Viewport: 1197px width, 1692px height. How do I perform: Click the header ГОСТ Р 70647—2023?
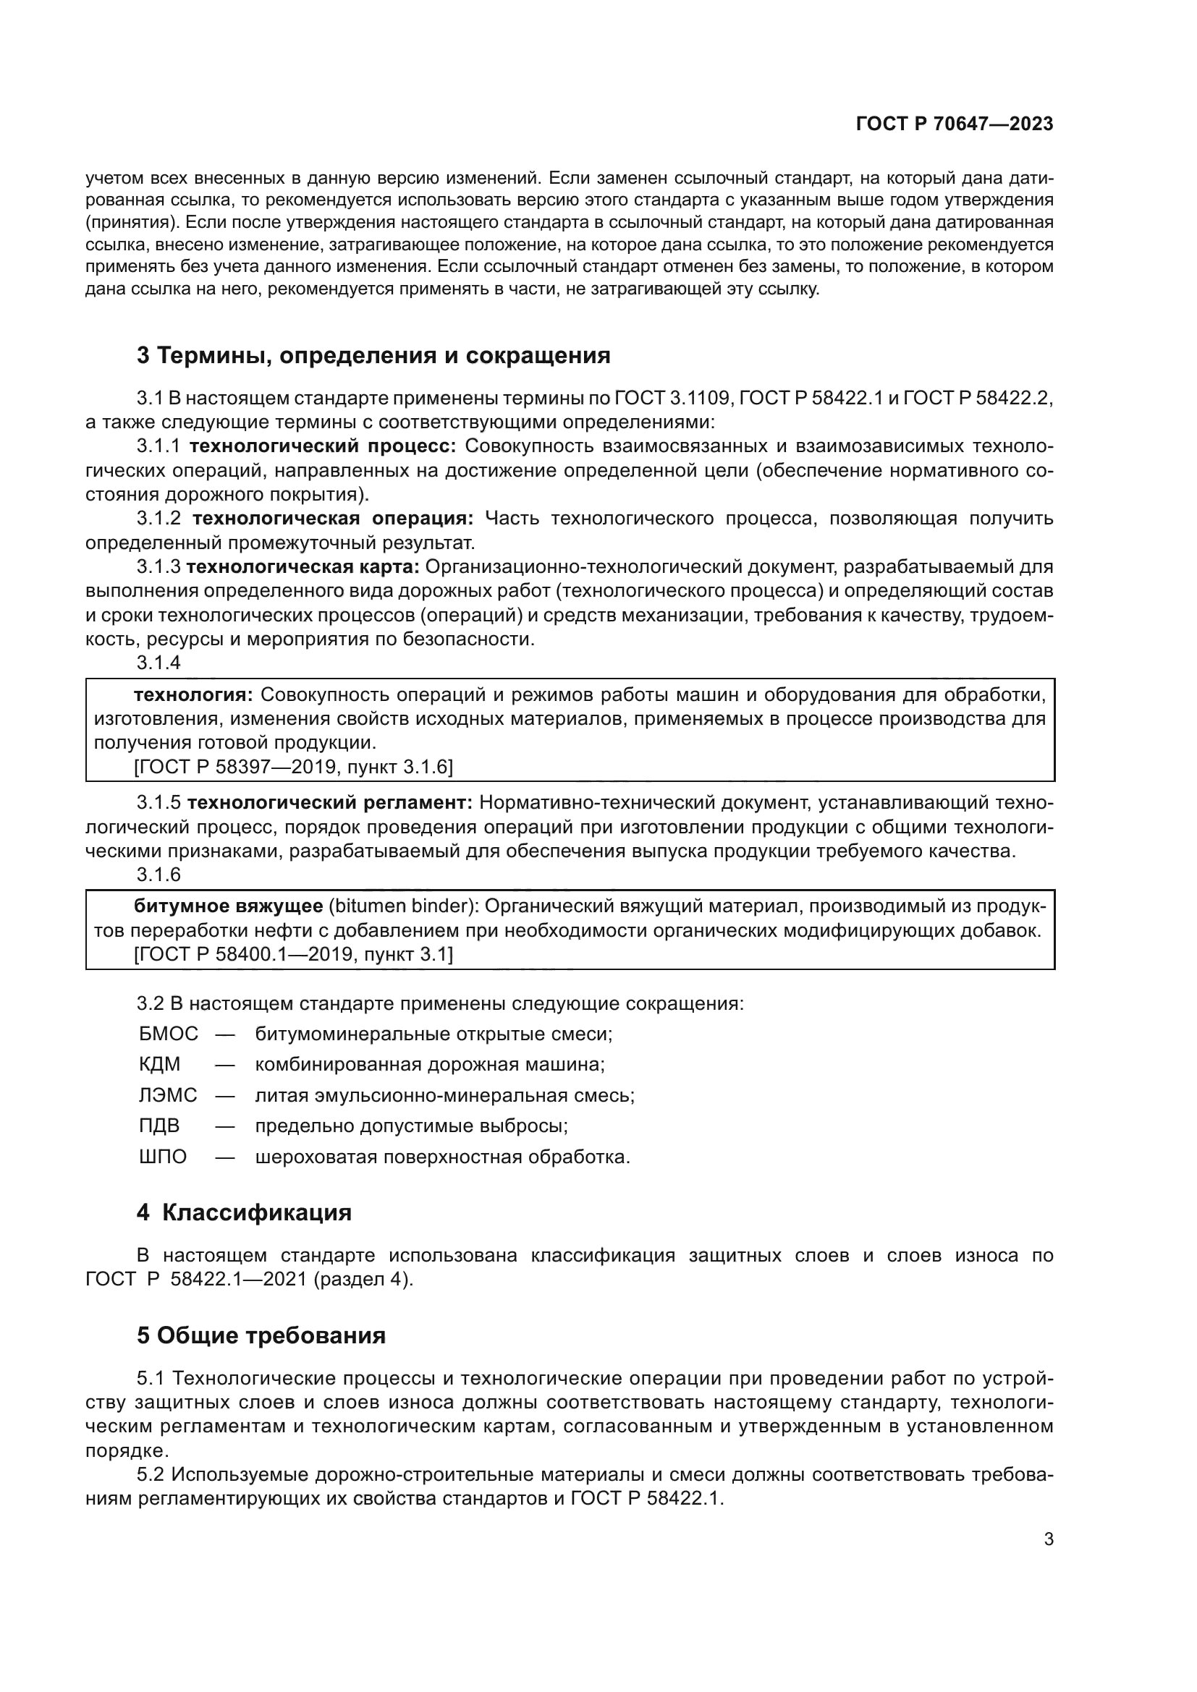click(955, 124)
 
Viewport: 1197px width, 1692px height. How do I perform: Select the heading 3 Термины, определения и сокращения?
click(373, 356)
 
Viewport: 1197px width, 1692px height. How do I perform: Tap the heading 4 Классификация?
click(244, 1212)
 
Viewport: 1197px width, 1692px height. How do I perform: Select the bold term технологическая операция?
click(333, 519)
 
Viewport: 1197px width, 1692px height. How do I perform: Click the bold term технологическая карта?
click(303, 567)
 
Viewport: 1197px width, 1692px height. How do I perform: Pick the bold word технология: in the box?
click(193, 695)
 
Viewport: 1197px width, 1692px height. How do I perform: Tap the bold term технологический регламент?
click(329, 802)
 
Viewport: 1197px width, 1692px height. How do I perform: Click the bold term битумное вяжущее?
click(228, 906)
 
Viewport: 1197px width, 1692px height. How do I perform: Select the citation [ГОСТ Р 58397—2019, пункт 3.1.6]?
click(293, 767)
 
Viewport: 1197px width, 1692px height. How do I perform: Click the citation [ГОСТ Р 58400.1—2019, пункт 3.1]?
click(293, 955)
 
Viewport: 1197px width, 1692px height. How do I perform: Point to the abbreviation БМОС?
click(169, 1034)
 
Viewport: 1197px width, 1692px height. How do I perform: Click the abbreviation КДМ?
click(159, 1065)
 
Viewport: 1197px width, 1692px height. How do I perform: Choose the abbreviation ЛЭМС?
click(168, 1096)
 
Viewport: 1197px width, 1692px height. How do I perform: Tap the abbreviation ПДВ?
click(159, 1126)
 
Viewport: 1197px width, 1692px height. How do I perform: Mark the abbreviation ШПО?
click(163, 1157)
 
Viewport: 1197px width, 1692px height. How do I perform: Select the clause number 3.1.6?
click(158, 875)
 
